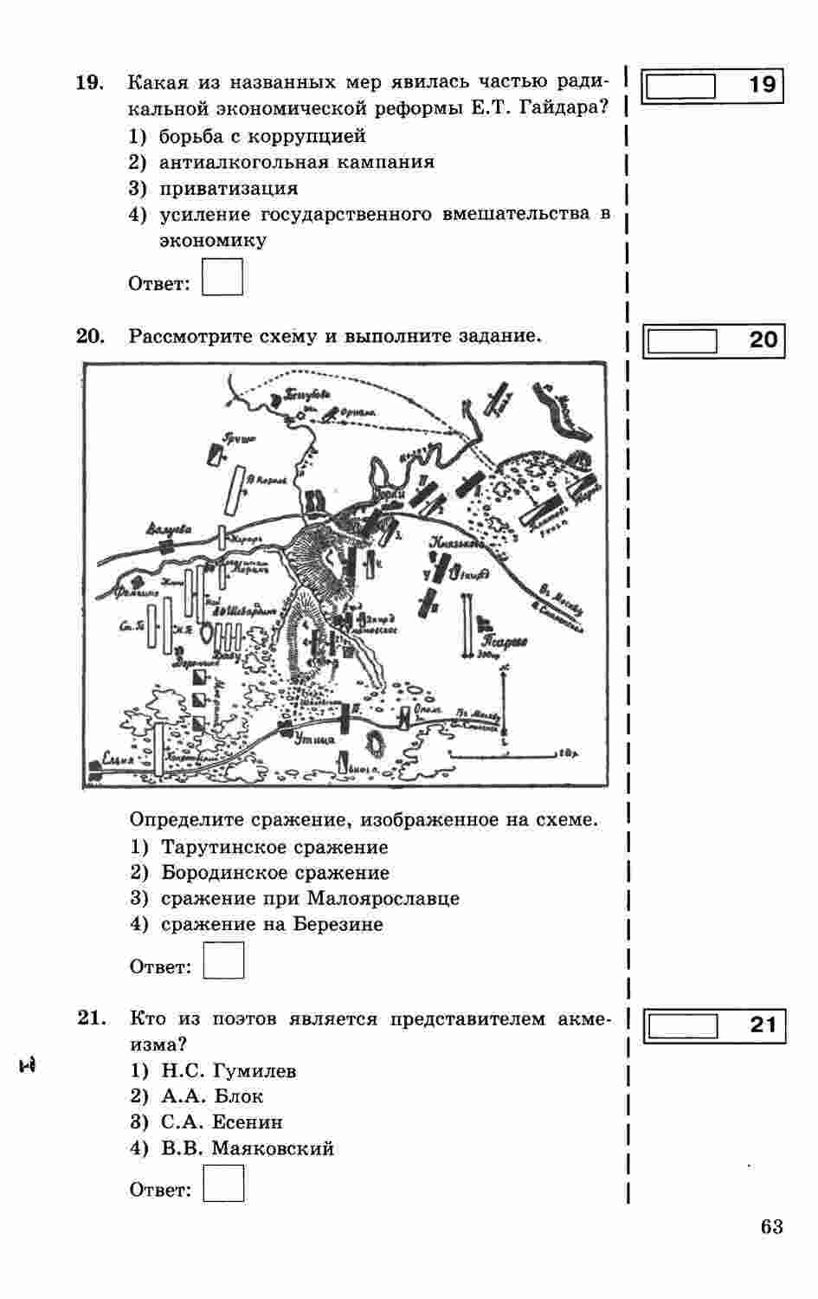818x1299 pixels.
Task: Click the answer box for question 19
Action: [222, 277]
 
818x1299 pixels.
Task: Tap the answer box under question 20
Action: [223, 960]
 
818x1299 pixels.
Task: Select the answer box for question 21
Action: [223, 1183]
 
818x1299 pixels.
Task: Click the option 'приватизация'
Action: [229, 188]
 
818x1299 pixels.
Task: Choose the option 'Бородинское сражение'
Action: [275, 872]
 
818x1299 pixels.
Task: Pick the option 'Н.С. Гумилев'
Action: [229, 1071]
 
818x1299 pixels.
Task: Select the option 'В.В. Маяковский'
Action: [248, 1148]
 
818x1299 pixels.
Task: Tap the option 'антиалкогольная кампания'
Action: [297, 162]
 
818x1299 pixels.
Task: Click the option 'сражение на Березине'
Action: [272, 924]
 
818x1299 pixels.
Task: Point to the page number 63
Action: [772, 1226]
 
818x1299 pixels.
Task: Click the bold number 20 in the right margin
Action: [763, 339]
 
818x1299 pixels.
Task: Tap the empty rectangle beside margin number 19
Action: [681, 87]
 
